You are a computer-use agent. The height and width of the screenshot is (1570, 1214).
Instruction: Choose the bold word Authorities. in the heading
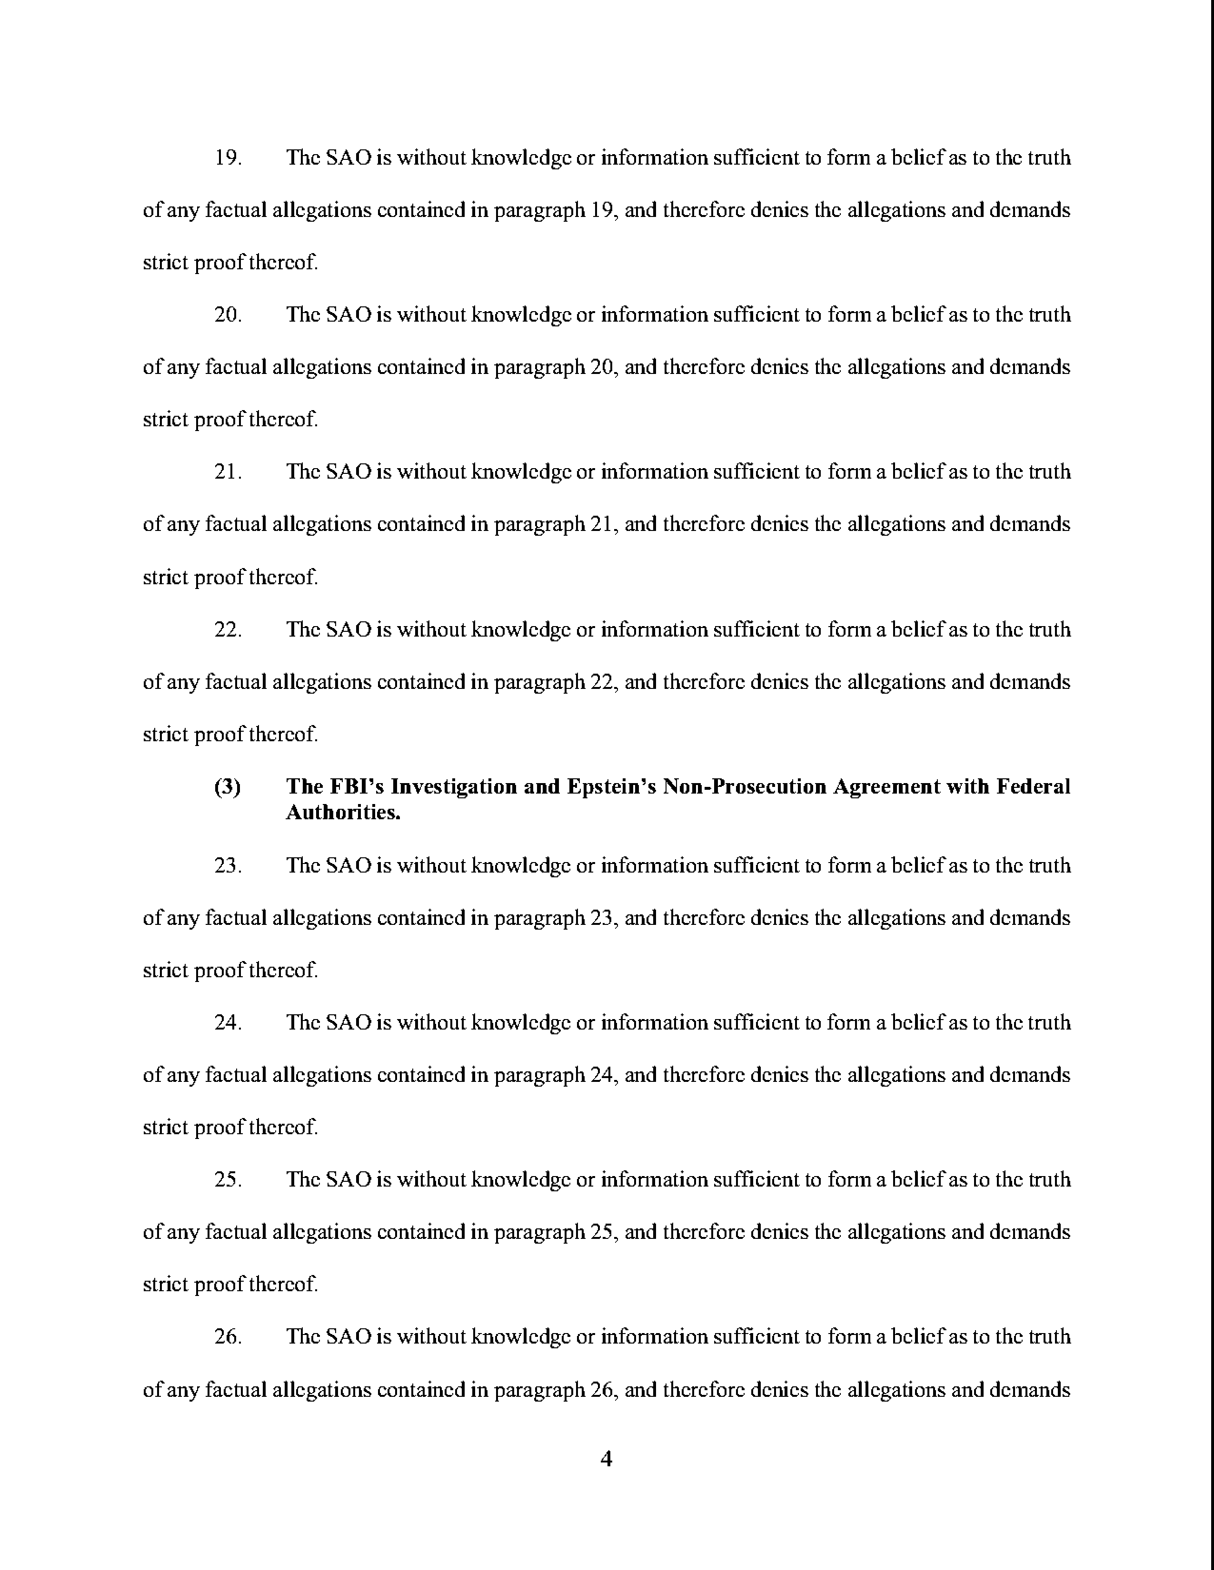343,813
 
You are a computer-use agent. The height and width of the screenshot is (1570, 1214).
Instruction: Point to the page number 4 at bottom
606,1459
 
